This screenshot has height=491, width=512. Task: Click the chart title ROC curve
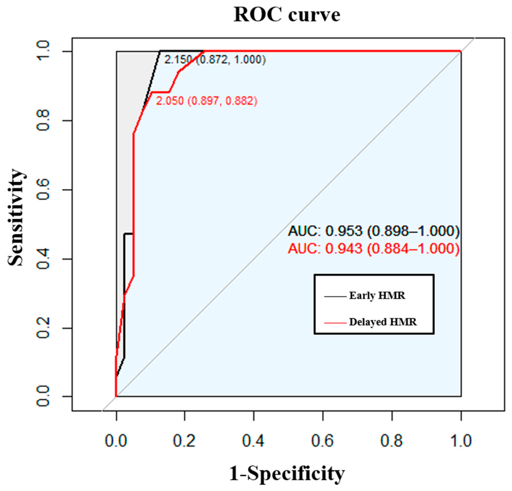(287, 15)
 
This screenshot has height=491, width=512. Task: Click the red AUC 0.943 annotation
(374, 248)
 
